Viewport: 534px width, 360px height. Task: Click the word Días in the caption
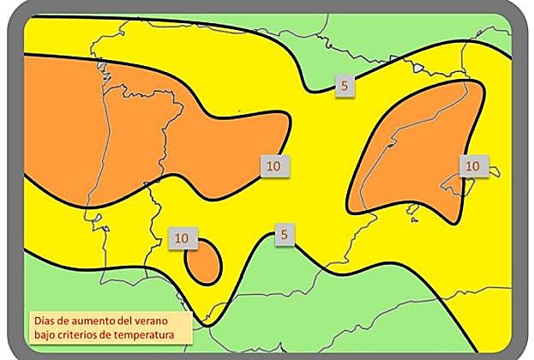click(x=44, y=320)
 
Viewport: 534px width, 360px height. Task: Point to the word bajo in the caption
click(x=46, y=333)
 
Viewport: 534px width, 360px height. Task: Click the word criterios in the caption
click(x=81, y=333)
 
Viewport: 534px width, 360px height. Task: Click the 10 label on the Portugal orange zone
click(x=272, y=163)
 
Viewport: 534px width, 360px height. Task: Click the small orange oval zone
click(x=205, y=262)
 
